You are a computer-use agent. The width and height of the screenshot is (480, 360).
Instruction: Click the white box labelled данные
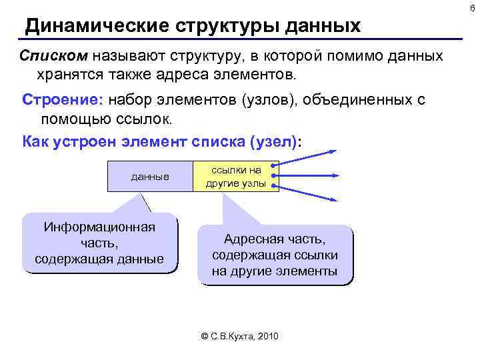tap(150, 177)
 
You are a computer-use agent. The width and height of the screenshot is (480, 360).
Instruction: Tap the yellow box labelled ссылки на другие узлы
tap(235, 177)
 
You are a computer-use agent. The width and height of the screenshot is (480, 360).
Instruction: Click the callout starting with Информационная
tap(99, 243)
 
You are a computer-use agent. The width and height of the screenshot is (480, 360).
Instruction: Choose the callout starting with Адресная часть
tap(275, 255)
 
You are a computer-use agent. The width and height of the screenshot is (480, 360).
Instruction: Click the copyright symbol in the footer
tap(205, 337)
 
